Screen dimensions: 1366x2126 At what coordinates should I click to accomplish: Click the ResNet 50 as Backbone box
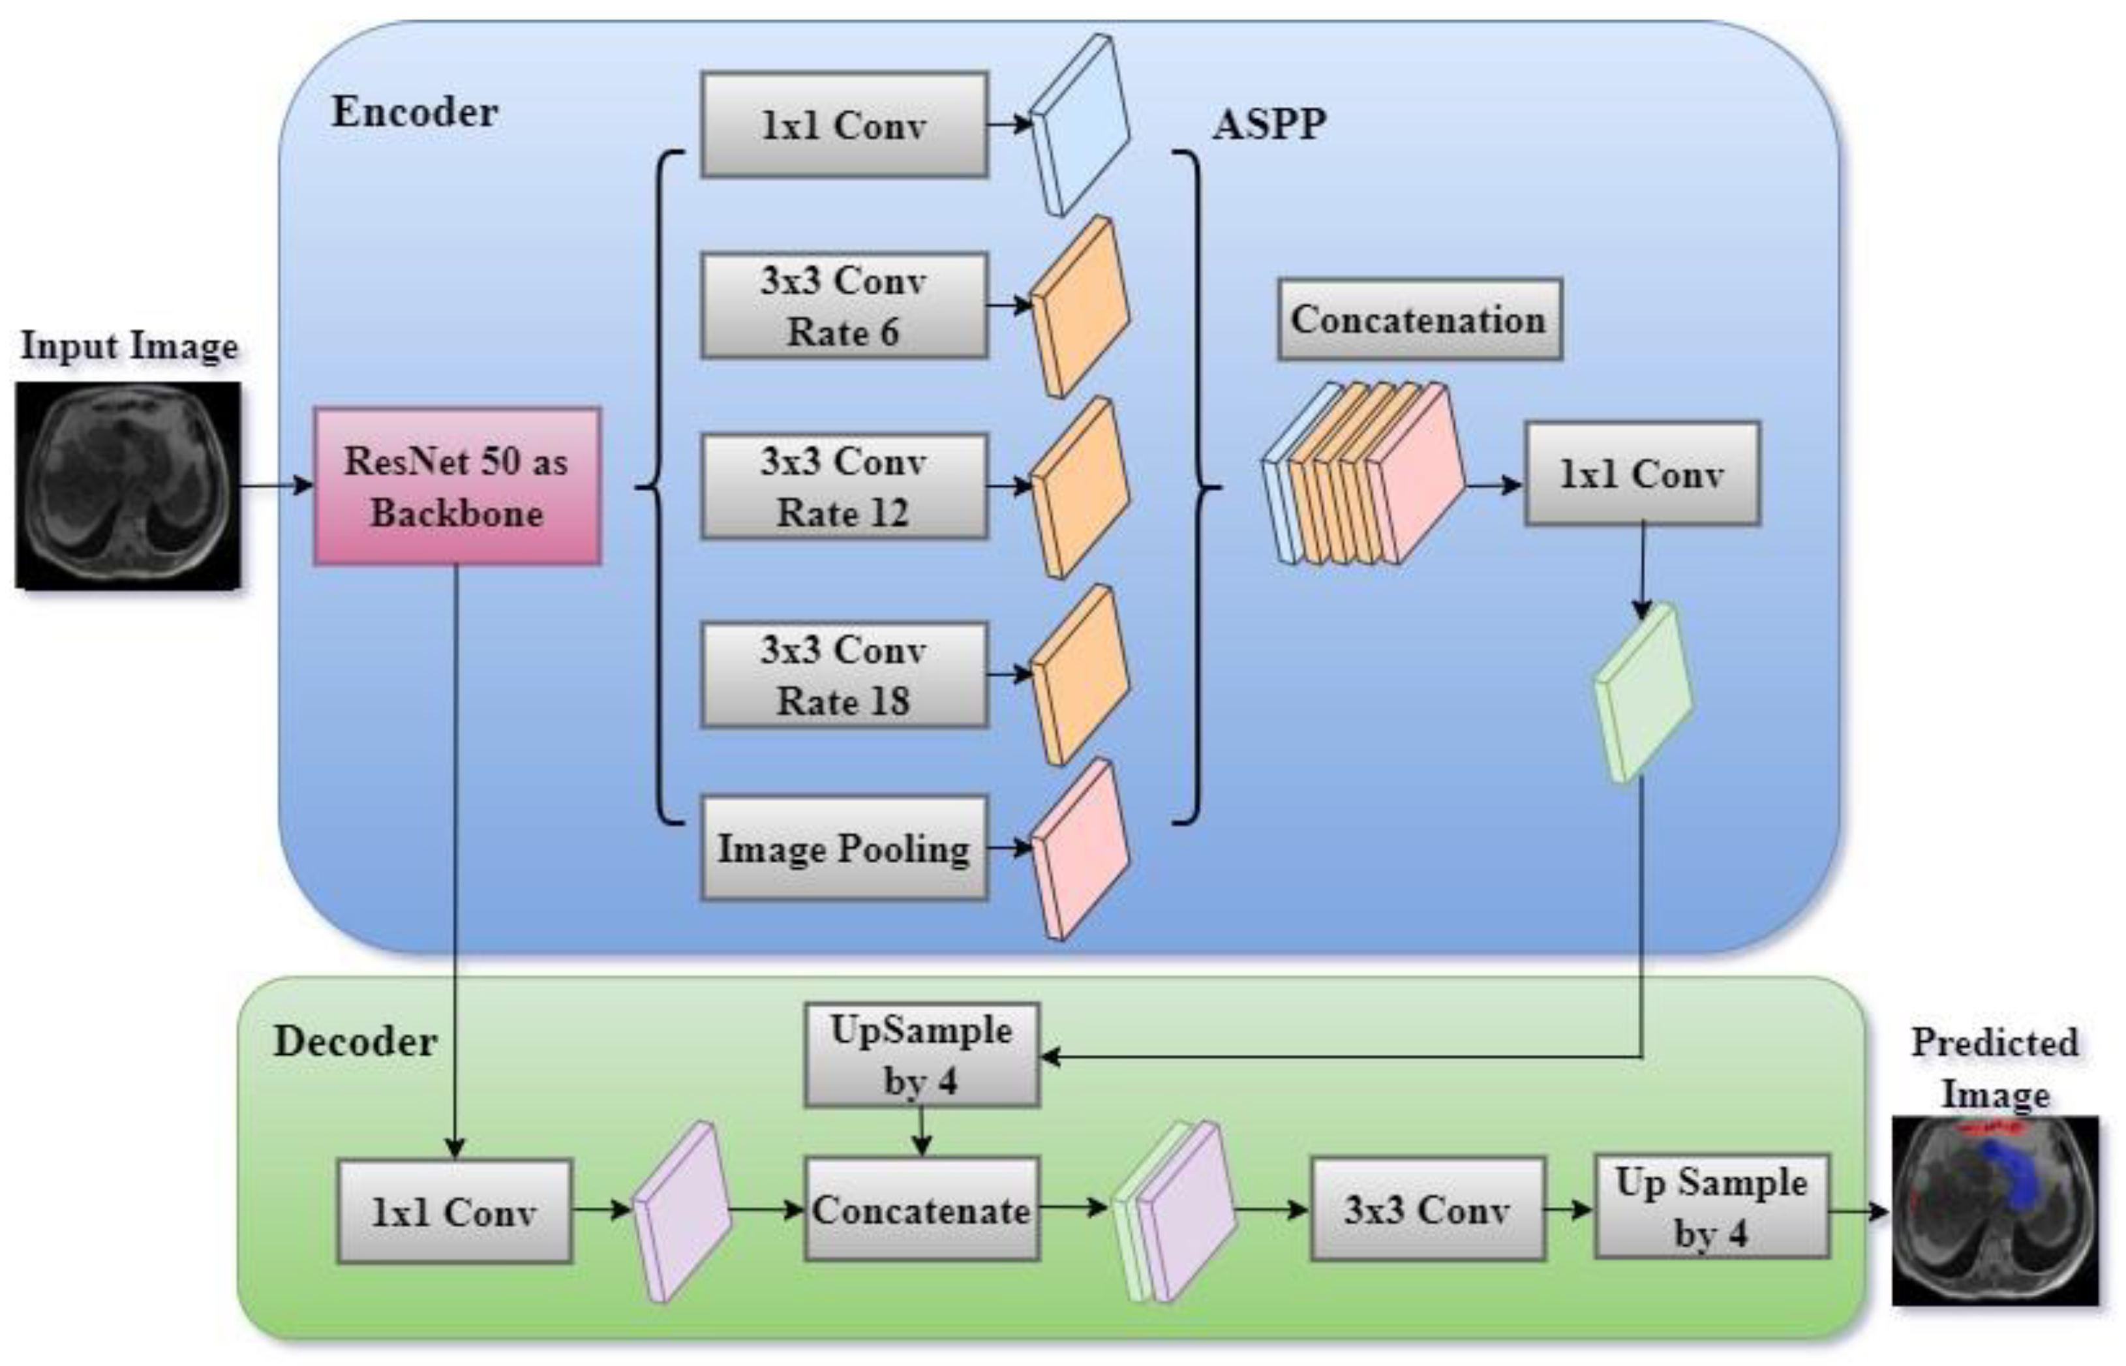point(457,486)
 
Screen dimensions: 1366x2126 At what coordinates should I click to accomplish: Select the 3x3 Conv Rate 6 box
point(843,306)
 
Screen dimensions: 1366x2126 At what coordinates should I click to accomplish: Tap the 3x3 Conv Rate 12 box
point(843,486)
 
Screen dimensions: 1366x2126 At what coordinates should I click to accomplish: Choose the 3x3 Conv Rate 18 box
point(843,675)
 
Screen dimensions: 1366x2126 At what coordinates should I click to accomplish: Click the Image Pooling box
point(843,848)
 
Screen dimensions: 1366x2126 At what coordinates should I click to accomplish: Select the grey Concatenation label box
point(1418,320)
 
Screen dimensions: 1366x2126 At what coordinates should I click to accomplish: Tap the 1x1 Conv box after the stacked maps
point(1642,474)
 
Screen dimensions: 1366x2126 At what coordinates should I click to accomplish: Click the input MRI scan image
point(129,485)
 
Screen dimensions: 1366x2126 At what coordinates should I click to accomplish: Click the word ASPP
point(1269,123)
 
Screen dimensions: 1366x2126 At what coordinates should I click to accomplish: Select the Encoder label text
point(414,112)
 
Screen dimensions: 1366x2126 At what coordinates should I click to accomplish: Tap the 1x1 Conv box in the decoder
point(454,1211)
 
